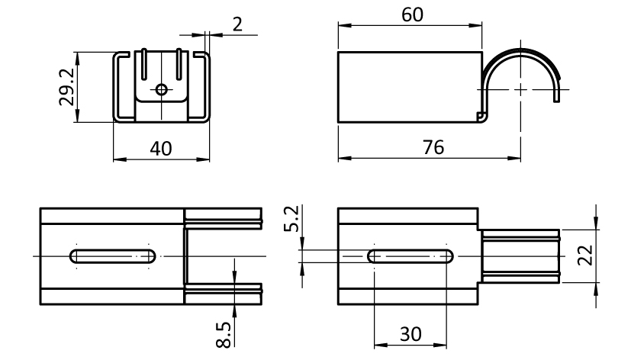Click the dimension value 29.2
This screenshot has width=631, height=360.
tap(66, 87)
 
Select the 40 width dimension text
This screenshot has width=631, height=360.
tap(160, 148)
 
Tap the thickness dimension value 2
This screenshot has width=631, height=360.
tap(237, 24)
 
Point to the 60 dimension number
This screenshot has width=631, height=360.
tap(410, 14)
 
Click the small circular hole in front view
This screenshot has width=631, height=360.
tap(161, 89)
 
